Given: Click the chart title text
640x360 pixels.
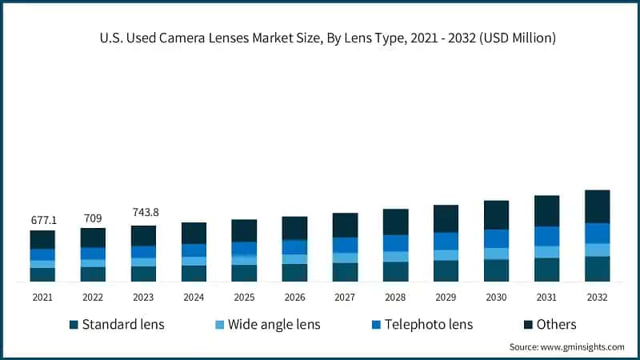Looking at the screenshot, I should (x=320, y=38).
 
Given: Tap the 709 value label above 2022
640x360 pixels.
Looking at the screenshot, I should (x=93, y=217).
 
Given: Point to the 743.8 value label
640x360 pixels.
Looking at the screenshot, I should (x=143, y=213).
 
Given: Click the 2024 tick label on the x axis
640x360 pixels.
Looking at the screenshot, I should (x=194, y=297).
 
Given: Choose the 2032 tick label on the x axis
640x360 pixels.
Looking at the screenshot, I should (x=597, y=297).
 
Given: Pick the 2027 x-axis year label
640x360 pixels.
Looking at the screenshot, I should (x=345, y=297).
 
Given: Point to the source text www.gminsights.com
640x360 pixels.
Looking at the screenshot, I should (x=566, y=347).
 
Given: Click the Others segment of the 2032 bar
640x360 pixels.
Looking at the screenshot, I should (x=597, y=206).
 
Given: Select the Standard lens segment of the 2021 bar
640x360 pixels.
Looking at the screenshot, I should (x=42, y=274).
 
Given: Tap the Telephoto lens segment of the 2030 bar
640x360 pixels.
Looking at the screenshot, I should (x=496, y=238).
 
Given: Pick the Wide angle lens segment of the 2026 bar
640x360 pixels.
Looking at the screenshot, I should (x=294, y=259).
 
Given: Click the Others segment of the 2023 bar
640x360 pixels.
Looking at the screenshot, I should (x=143, y=235).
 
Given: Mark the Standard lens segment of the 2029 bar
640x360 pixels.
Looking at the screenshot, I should (x=446, y=271).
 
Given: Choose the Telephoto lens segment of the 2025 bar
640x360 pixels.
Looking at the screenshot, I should (x=244, y=248).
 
